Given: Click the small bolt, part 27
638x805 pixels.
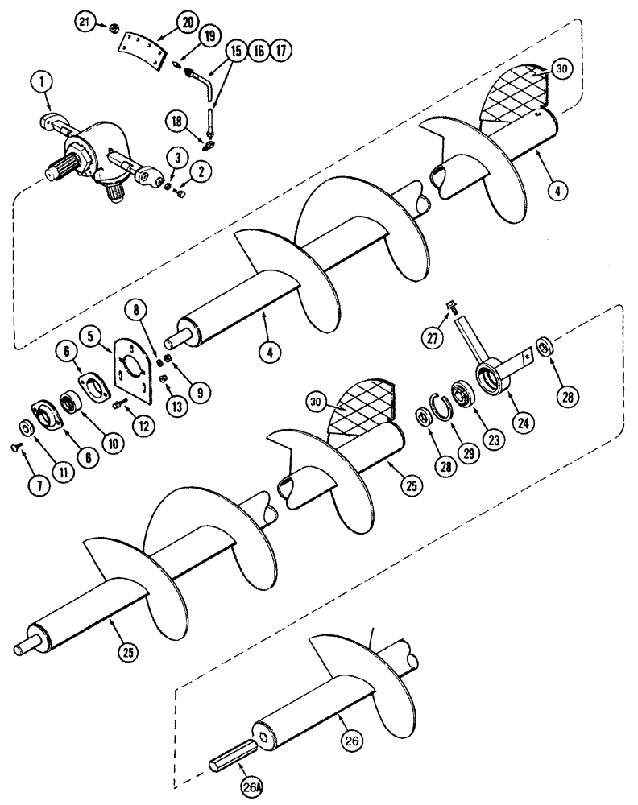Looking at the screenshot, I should [451, 307].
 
